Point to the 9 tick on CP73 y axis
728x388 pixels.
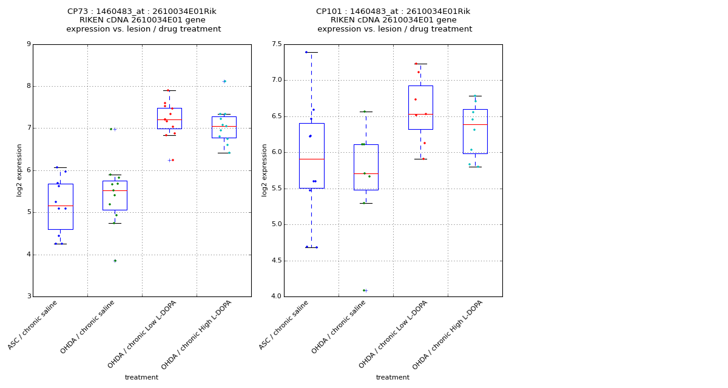(29, 44)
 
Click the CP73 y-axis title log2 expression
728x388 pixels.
(20, 170)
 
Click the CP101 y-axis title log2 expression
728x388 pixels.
(265, 170)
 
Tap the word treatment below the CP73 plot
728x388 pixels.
(141, 378)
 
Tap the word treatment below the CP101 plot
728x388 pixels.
(393, 378)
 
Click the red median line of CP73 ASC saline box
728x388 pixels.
(60, 206)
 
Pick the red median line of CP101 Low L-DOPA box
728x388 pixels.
(420, 114)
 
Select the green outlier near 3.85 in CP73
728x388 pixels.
(115, 261)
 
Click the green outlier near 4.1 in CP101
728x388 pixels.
(364, 290)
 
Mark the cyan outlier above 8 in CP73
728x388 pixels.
(224, 81)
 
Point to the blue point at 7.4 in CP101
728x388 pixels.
(306, 52)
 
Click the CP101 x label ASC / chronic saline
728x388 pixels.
(284, 325)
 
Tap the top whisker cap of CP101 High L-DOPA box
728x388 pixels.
(475, 96)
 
